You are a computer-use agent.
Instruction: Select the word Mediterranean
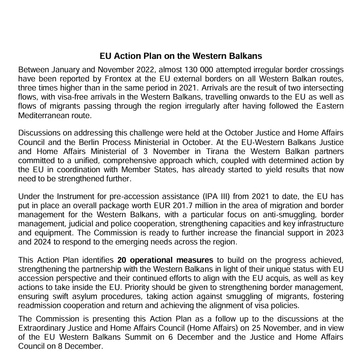(x=45, y=116)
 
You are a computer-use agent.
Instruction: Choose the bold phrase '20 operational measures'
(x=165, y=260)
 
